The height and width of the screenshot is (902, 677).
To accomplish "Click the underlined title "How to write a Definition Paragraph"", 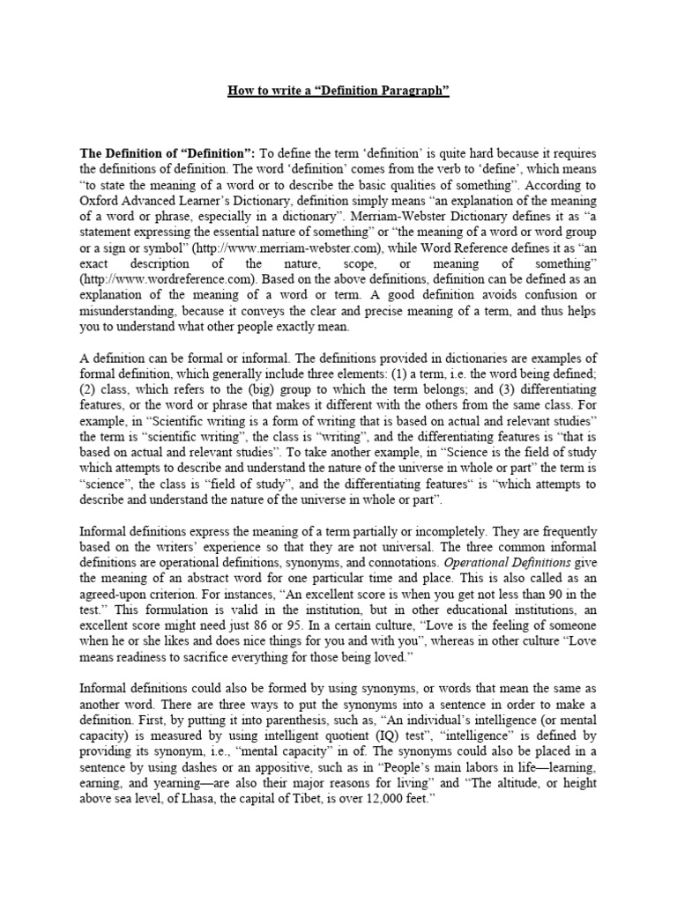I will coord(338,92).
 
